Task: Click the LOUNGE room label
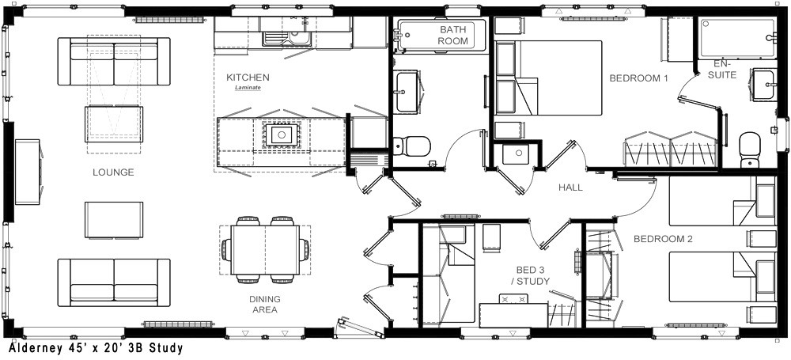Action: (x=113, y=172)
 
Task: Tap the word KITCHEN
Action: (x=248, y=78)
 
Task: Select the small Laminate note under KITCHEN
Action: (x=248, y=88)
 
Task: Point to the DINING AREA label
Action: (x=264, y=305)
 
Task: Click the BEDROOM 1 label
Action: (x=638, y=78)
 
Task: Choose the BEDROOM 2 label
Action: (x=663, y=239)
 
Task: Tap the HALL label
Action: (x=570, y=188)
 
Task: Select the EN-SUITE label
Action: (x=725, y=70)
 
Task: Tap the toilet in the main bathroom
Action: (x=411, y=146)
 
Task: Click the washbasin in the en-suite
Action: (x=764, y=85)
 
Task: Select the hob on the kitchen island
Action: (x=282, y=135)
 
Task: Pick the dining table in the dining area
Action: (x=265, y=250)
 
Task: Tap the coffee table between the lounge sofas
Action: (x=114, y=220)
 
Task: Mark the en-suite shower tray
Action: (x=737, y=38)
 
